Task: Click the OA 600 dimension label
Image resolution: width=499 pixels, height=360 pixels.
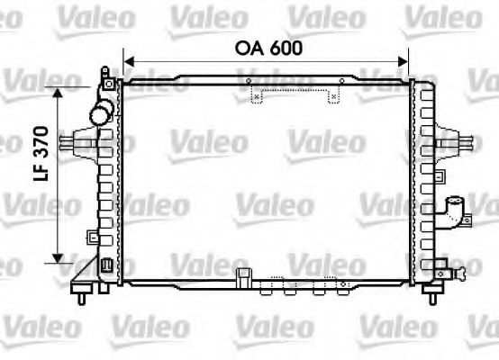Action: (x=268, y=49)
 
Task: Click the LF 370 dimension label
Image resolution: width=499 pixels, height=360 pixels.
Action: (x=41, y=154)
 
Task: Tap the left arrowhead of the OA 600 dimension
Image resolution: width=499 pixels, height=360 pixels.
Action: (x=129, y=62)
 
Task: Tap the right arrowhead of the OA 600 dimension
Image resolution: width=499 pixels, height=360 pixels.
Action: (x=403, y=62)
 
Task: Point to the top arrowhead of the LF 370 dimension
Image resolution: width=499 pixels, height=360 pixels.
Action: (x=58, y=93)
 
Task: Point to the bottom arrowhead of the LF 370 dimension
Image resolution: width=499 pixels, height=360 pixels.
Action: (x=58, y=258)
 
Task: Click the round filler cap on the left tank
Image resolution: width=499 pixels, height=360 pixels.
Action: (x=101, y=113)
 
